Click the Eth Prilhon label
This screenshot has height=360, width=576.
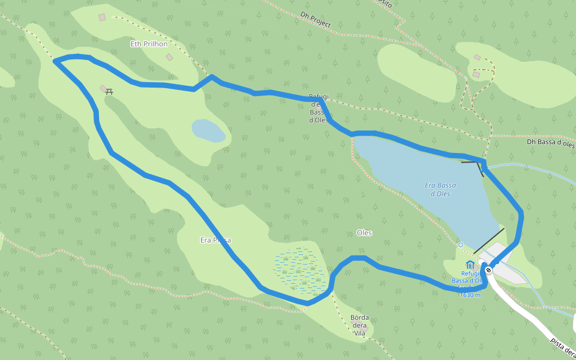149,44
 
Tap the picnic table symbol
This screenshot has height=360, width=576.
110,92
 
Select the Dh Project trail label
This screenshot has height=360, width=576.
316,20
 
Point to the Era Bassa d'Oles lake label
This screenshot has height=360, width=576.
440,189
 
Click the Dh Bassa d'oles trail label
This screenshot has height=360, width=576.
550,143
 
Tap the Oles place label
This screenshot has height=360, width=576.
364,233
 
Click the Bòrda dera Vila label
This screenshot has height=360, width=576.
359,325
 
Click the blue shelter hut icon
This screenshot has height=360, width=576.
470,265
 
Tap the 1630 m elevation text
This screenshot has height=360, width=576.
470,295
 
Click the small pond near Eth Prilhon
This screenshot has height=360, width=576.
208,130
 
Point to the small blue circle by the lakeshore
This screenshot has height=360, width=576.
460,245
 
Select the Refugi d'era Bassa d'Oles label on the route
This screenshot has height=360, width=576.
318,108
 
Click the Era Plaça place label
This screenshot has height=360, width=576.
215,240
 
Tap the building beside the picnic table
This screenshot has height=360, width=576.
103,88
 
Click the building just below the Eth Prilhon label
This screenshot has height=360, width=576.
169,57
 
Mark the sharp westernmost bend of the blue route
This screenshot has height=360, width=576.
56,61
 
